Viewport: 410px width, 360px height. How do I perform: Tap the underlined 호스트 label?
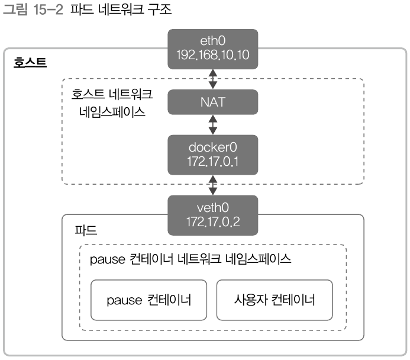click(x=30, y=62)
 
